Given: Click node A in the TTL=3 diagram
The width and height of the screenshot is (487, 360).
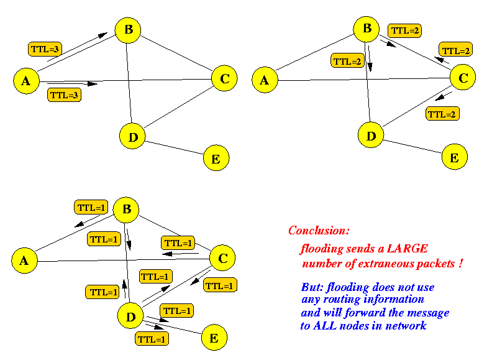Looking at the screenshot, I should [25, 81].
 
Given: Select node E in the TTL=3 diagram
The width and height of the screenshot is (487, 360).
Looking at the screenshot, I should [216, 159].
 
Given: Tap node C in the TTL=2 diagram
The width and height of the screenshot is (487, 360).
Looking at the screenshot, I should [462, 78].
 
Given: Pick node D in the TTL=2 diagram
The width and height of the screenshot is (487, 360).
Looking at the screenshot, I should [371, 136].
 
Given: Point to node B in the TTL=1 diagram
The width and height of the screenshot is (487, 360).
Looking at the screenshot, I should [126, 210].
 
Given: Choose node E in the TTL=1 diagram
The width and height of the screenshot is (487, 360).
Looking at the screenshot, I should [214, 338].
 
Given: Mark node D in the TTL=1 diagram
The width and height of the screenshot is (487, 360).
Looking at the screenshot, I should [130, 317].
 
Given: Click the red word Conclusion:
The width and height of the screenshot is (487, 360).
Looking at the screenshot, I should [319, 231].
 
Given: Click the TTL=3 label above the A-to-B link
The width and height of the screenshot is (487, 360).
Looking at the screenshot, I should [44, 48].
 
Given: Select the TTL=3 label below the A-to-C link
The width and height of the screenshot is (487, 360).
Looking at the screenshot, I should [64, 96].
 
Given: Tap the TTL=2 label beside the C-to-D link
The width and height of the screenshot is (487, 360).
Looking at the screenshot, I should [442, 114].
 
